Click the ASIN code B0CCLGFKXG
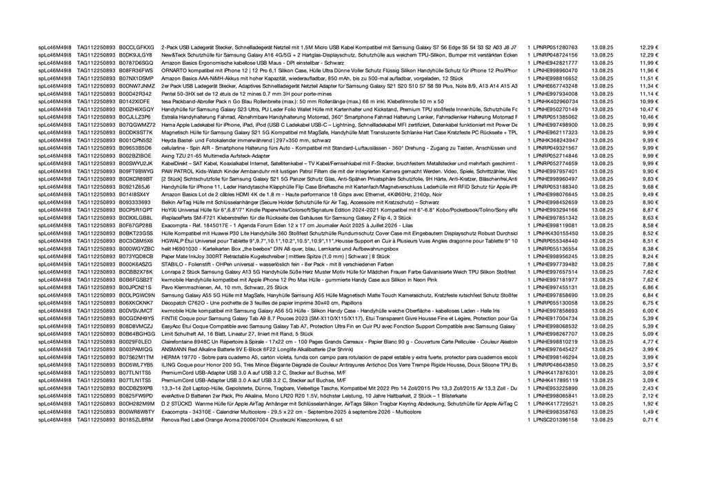pos(136,47)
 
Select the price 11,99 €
pos(649,62)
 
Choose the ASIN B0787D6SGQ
pos(136,62)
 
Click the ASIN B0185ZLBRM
pos(136,419)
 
